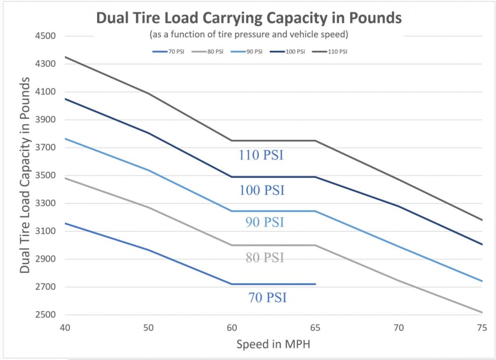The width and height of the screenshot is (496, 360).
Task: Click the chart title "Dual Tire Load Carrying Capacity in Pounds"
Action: [x=249, y=19]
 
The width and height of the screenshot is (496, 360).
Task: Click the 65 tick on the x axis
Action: [x=315, y=328]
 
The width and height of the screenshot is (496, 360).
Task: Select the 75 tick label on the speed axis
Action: [x=482, y=328]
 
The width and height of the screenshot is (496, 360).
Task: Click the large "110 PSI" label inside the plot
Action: [x=261, y=155]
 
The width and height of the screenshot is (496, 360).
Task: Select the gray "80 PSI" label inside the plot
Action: [x=265, y=258]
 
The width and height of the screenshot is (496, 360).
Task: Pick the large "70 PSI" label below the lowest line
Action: [x=267, y=297]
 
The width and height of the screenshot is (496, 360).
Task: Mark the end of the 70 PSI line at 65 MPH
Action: [x=315, y=284]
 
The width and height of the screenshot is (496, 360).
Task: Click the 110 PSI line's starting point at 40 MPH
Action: [x=65, y=57]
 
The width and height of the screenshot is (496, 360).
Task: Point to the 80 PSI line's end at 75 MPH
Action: [x=482, y=312]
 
